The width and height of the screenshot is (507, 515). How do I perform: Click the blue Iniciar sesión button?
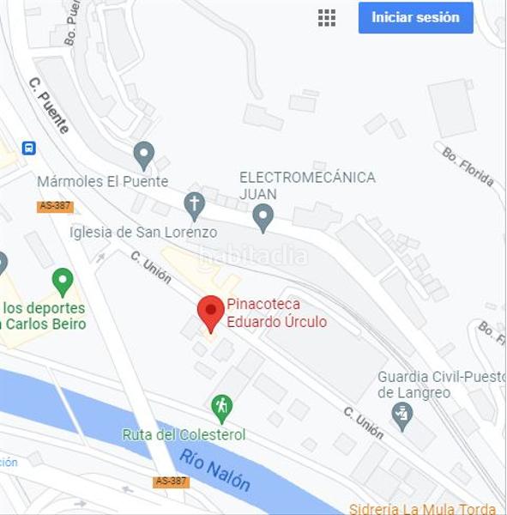[415, 17]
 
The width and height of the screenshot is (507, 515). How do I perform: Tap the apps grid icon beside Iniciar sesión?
[327, 17]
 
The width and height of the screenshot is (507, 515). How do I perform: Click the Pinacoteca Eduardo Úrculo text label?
[276, 313]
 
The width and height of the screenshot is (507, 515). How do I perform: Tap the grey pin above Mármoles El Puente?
[144, 155]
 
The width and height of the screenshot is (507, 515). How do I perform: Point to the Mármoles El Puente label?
[102, 182]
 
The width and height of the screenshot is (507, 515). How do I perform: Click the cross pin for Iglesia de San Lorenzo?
[195, 205]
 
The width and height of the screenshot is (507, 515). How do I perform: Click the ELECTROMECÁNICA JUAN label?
[307, 185]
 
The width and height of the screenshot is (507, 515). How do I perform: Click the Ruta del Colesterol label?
[184, 434]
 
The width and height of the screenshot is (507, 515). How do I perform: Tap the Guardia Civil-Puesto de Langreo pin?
[401, 415]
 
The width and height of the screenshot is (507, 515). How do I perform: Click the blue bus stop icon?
[29, 148]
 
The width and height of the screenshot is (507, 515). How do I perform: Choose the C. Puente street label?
[48, 106]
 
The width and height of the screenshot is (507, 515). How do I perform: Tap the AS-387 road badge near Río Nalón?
[171, 482]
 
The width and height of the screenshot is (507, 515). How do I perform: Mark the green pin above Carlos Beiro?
[62, 280]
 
